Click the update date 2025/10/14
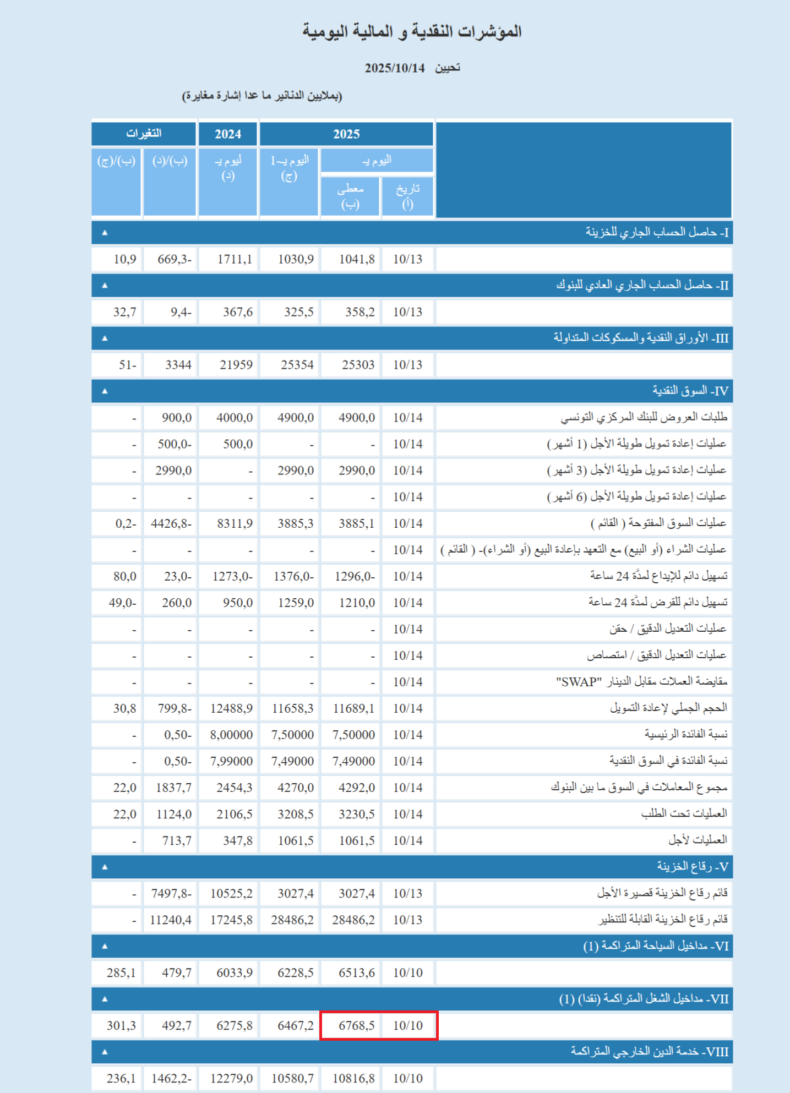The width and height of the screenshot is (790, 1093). [394, 68]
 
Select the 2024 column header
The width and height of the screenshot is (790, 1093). [228, 134]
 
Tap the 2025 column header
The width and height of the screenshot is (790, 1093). [346, 134]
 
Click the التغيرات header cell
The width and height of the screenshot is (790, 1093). [144, 134]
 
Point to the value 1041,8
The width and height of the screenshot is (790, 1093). [357, 259]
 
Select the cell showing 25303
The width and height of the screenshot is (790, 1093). [358, 365]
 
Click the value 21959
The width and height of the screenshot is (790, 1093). [236, 365]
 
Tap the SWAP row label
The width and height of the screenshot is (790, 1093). [641, 682]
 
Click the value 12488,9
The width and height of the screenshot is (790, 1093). [231, 708]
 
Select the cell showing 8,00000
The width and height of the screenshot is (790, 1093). [231, 735]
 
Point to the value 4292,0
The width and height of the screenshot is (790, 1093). [357, 788]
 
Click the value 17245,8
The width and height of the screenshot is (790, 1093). [231, 920]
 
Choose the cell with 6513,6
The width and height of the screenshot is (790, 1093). [357, 972]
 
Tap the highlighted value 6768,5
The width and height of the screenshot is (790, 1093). [357, 1025]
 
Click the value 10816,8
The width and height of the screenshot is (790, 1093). [353, 1078]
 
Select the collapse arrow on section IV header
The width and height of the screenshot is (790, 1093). [105, 391]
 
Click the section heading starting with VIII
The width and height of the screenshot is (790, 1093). [650, 1052]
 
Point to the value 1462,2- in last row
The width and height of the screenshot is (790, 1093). [171, 1078]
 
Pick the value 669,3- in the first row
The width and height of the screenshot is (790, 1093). [175, 259]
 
